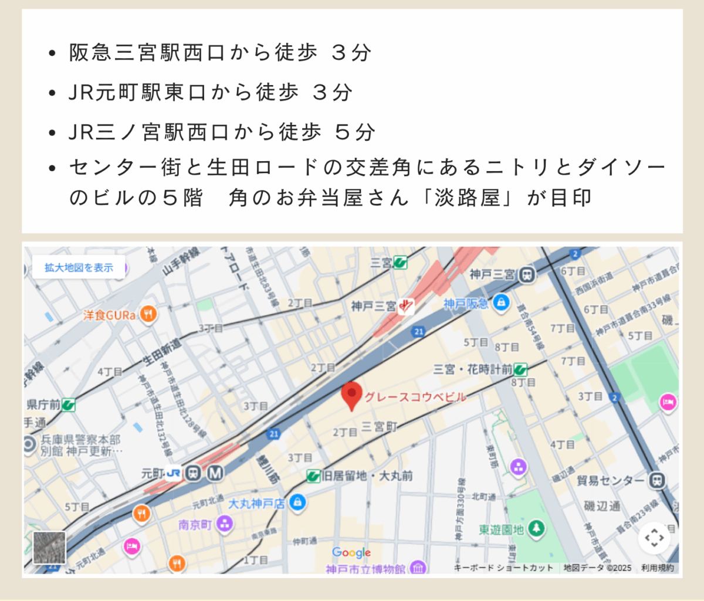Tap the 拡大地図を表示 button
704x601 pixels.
pos(79,268)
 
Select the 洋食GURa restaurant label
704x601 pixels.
pos(110,315)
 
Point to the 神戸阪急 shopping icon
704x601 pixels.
pos(501,303)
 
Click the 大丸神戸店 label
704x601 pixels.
pos(256,504)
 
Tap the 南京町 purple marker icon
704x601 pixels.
pos(225,524)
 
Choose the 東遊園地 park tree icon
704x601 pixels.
pos(536,528)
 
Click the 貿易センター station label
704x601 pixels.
pos(610,481)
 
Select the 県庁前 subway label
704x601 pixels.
pos(43,405)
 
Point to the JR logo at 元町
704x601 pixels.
pos(173,473)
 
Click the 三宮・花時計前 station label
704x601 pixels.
pos(472,369)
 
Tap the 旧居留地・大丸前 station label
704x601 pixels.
pos(367,476)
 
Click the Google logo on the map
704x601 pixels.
pos(351,552)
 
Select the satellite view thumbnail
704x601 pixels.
pos(49,548)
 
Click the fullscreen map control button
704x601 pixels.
pos(654,538)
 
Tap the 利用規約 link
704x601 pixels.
pos(657,568)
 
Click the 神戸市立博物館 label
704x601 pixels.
pos(365,569)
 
